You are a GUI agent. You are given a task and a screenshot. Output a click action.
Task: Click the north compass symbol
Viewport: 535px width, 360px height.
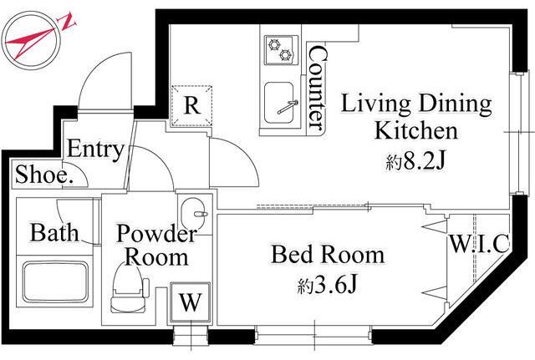33,40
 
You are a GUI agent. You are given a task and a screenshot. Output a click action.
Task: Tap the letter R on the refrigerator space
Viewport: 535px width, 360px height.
191,105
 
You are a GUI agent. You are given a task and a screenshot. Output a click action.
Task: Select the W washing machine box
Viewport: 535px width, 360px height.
190,302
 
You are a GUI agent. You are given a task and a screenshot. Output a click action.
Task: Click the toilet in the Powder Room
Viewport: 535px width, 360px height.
128,288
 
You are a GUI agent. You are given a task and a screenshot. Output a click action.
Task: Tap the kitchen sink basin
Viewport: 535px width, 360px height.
279,104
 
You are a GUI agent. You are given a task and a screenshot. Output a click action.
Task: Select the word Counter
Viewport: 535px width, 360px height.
317,88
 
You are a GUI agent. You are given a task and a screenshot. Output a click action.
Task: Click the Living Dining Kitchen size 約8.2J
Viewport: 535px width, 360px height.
415,160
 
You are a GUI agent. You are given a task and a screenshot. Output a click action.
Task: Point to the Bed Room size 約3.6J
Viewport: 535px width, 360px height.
327,285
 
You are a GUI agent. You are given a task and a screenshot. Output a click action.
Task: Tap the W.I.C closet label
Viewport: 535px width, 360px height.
479,243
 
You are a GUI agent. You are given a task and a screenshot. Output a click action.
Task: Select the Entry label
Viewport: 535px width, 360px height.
95,150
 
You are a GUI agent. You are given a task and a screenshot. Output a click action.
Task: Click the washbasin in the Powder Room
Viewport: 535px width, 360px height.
192,214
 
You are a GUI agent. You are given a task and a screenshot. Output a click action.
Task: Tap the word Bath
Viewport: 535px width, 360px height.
54,232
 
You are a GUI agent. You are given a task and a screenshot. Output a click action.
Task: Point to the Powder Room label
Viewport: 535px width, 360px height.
156,245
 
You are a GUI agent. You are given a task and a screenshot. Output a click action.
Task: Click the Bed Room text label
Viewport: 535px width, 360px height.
328,254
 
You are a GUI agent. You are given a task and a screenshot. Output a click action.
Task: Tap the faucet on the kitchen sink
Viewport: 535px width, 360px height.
288,107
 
